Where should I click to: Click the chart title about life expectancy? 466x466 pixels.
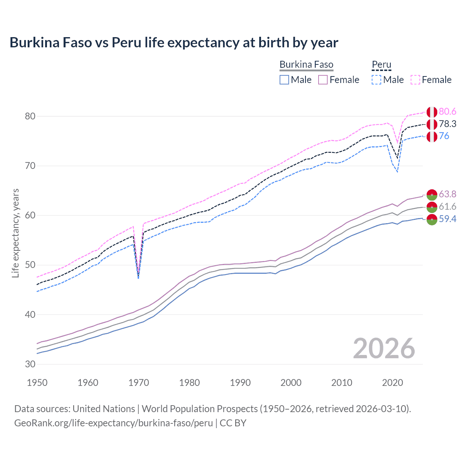click(x=174, y=43)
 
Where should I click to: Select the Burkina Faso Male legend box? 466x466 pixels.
click(x=284, y=80)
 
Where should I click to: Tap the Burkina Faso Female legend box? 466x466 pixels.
click(x=323, y=80)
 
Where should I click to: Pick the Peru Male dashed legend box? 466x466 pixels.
click(x=376, y=80)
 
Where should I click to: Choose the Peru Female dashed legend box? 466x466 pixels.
click(x=415, y=80)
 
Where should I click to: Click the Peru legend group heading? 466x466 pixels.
click(x=381, y=65)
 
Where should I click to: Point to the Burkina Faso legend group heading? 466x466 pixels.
click(x=306, y=65)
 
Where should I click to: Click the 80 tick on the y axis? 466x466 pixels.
click(x=30, y=116)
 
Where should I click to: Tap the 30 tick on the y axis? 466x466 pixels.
click(x=30, y=364)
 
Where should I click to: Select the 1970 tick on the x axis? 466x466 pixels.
click(x=139, y=383)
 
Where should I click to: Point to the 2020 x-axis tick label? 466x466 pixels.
click(x=392, y=383)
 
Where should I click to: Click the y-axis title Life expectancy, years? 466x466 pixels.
click(x=16, y=233)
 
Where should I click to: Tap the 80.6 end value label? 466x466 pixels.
click(x=447, y=112)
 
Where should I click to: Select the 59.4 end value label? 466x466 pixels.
click(x=447, y=219)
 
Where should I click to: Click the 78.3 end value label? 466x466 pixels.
click(x=447, y=124)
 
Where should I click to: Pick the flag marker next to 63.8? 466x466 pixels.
click(x=432, y=195)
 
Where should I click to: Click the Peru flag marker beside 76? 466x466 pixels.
click(x=432, y=137)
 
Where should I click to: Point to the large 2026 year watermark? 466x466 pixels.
click(x=384, y=348)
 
